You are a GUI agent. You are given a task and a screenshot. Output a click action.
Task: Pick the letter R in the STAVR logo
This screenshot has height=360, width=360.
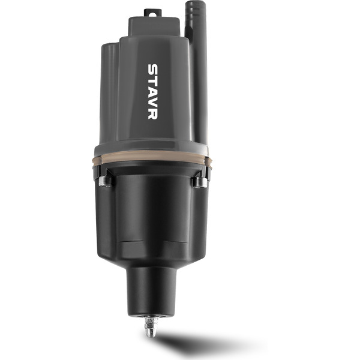(x=152, y=114)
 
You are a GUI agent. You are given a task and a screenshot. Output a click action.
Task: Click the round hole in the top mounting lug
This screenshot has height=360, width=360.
(x=152, y=14)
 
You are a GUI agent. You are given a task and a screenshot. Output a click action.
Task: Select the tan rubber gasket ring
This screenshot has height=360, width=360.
(x=152, y=158)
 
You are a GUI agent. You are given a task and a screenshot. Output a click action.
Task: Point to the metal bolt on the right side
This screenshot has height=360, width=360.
(x=200, y=182)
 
